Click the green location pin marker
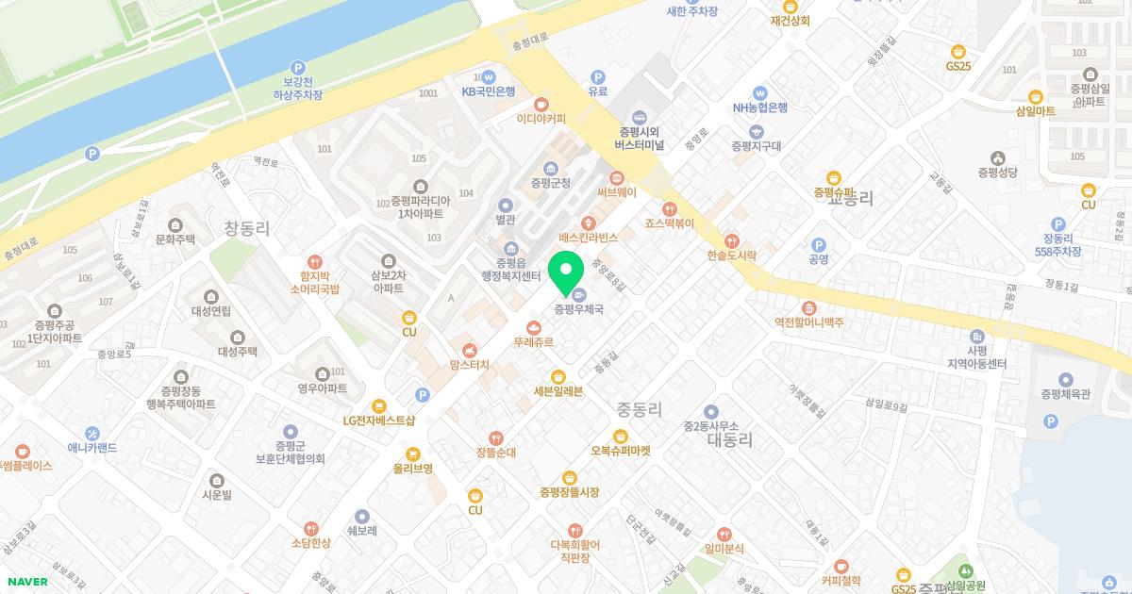point(565,273)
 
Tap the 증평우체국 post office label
point(578,308)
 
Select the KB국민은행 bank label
point(489,91)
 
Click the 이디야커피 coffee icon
point(541,104)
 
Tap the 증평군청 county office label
point(551,183)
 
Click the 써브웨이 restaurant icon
point(617,176)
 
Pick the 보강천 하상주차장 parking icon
point(298,68)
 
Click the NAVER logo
point(26,581)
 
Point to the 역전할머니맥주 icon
point(808,307)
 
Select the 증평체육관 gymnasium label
point(1066,394)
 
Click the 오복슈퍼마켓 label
point(621,451)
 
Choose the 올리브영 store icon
point(412,453)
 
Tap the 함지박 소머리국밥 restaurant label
point(315,281)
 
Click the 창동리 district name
point(247,228)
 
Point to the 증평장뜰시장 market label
point(569,492)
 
